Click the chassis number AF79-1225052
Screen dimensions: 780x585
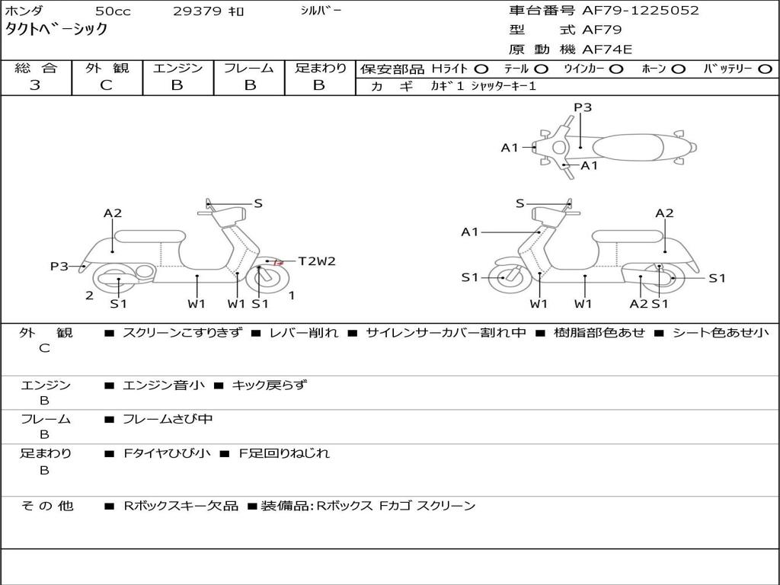pos(629,11)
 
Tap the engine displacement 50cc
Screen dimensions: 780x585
pos(112,11)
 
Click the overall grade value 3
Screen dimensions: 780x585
pos(35,85)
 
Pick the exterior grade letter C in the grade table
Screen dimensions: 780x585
pos(106,85)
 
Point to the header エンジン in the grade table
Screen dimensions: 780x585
pos(177,69)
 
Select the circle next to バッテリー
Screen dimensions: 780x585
pos(765,69)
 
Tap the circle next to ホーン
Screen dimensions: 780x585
pos(678,69)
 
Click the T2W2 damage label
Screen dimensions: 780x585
pos(316,261)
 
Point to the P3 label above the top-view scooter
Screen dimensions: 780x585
pos(583,107)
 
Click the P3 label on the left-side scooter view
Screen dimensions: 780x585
pos(59,267)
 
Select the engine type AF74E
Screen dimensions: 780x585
pos(607,50)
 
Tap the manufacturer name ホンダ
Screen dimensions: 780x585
pos(24,11)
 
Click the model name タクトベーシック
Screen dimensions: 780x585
pos(56,30)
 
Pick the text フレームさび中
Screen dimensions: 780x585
pos(168,419)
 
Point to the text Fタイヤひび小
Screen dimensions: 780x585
pos(168,453)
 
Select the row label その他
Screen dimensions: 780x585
pos(46,506)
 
